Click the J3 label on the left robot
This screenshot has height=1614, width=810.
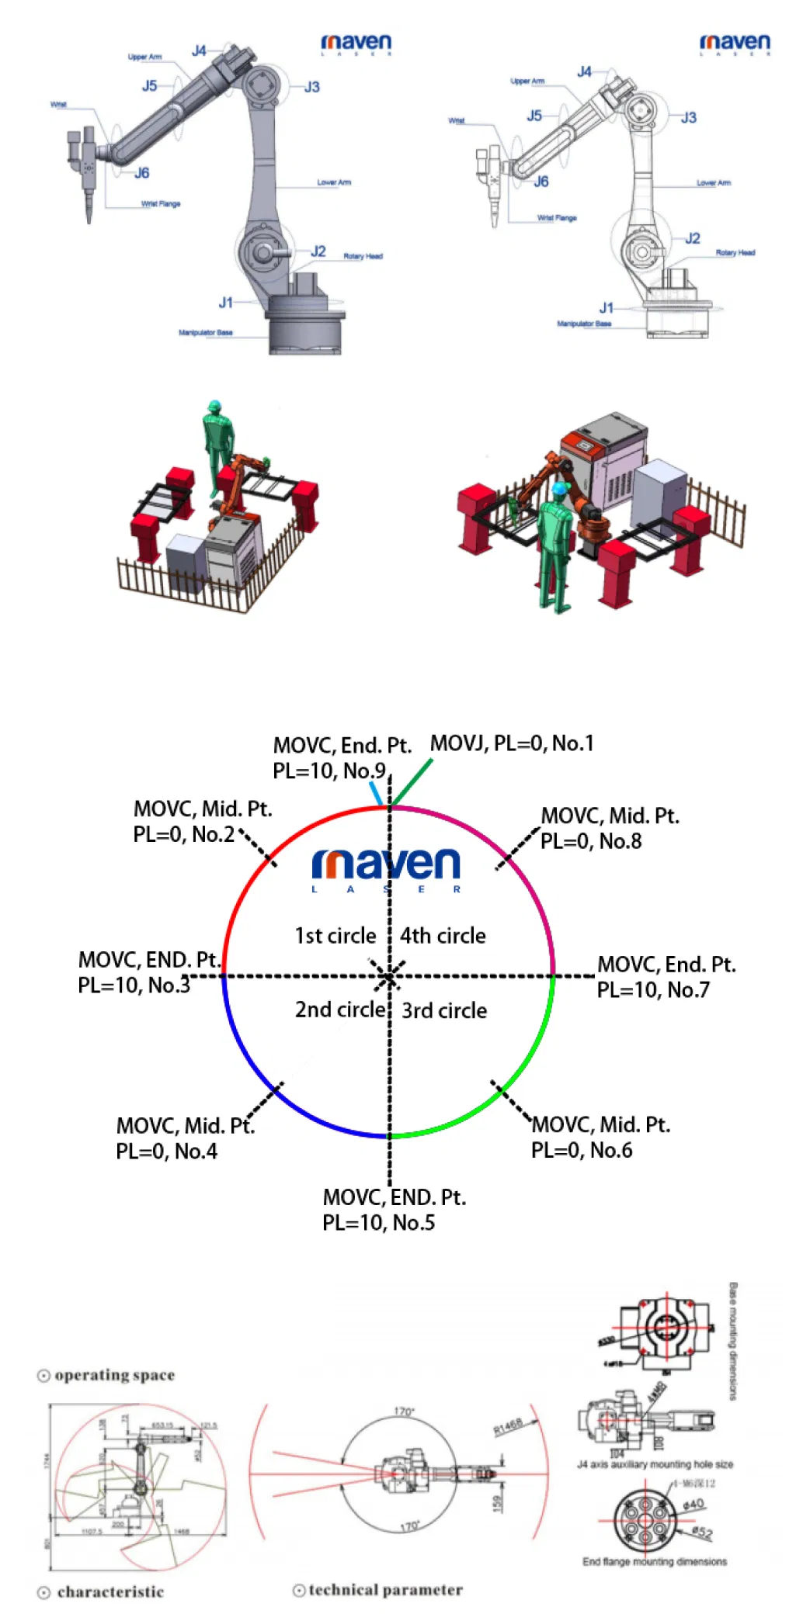click(311, 87)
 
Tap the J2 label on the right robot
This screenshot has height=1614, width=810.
click(692, 238)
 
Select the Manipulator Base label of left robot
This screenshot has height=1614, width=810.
click(205, 333)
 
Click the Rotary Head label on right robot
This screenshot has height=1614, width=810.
click(735, 253)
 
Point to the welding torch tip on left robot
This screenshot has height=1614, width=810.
click(89, 220)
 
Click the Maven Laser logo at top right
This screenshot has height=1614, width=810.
click(735, 43)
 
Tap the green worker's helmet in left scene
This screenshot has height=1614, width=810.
click(214, 406)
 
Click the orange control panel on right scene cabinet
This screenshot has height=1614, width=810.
click(578, 445)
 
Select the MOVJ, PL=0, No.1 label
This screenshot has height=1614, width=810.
click(512, 743)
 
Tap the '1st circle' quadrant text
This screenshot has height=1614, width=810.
click(335, 936)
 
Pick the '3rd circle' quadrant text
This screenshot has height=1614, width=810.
click(444, 1010)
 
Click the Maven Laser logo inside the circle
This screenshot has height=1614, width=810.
click(386, 868)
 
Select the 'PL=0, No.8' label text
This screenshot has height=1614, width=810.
click(590, 841)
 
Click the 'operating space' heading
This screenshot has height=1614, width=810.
click(114, 1375)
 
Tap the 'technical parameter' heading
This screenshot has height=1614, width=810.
click(385, 1590)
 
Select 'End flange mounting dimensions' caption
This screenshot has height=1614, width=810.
click(654, 1561)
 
